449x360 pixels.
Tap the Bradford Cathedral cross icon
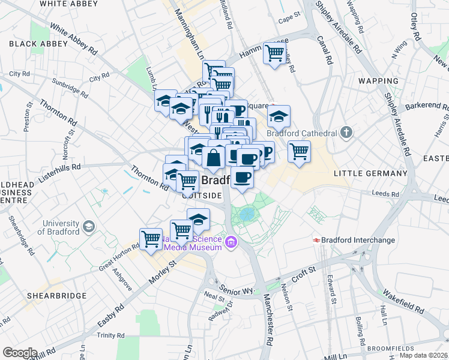click(347, 131)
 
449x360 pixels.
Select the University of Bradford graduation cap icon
click(89, 226)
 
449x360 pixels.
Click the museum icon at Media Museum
click(231, 243)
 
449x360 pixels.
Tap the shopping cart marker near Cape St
click(274, 53)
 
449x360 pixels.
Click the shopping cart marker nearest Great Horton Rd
click(151, 238)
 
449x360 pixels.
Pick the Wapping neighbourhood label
click(379, 80)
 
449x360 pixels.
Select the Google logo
click(20, 352)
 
